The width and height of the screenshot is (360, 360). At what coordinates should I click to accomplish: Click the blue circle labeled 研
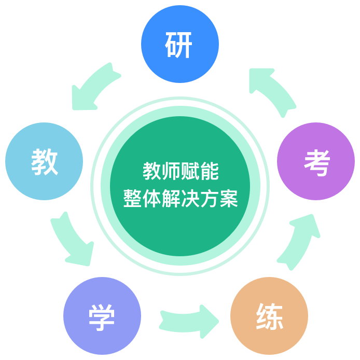click(180, 44)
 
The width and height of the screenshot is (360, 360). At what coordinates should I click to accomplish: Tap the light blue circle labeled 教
click(44, 161)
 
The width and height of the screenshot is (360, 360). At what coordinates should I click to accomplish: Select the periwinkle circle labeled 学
click(102, 316)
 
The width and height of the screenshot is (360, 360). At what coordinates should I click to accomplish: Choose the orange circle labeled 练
click(269, 316)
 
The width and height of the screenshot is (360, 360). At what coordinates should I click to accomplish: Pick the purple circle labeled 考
click(316, 161)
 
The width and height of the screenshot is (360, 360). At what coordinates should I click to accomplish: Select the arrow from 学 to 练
click(188, 322)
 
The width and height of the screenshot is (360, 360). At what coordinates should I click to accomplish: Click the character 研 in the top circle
click(178, 45)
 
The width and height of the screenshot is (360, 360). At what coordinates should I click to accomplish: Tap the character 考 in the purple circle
click(317, 163)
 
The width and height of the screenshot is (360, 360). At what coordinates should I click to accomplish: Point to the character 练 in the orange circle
click(270, 316)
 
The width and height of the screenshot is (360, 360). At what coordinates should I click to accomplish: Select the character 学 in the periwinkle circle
click(102, 317)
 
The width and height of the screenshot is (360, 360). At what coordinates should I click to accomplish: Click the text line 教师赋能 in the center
click(181, 171)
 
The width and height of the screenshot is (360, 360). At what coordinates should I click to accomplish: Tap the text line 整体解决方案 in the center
click(181, 199)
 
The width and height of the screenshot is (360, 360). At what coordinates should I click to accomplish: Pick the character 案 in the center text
click(229, 199)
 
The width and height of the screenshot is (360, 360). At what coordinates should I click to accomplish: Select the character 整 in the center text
click(132, 199)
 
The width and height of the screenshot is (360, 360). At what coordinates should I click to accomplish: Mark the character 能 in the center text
click(210, 171)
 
